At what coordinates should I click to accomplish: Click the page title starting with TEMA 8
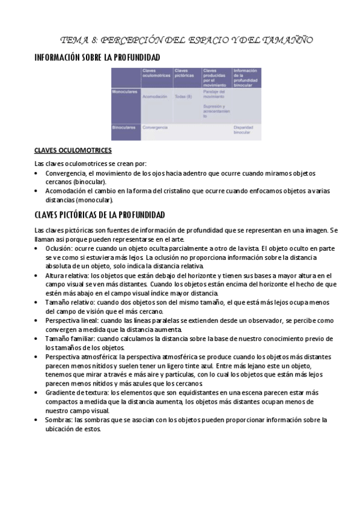187,41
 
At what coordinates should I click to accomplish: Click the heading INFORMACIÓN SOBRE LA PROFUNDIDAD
97,57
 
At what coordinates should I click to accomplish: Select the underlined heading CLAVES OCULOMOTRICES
73,150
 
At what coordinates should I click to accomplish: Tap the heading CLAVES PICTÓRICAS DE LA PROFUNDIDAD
100,215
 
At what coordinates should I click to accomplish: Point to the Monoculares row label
125,92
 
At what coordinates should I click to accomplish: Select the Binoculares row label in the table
124,127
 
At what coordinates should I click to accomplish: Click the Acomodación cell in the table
155,96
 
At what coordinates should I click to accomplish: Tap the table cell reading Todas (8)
183,96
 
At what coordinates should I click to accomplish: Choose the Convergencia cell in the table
154,127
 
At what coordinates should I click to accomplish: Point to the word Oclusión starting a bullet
59,248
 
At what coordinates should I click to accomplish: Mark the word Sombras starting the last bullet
58,419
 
